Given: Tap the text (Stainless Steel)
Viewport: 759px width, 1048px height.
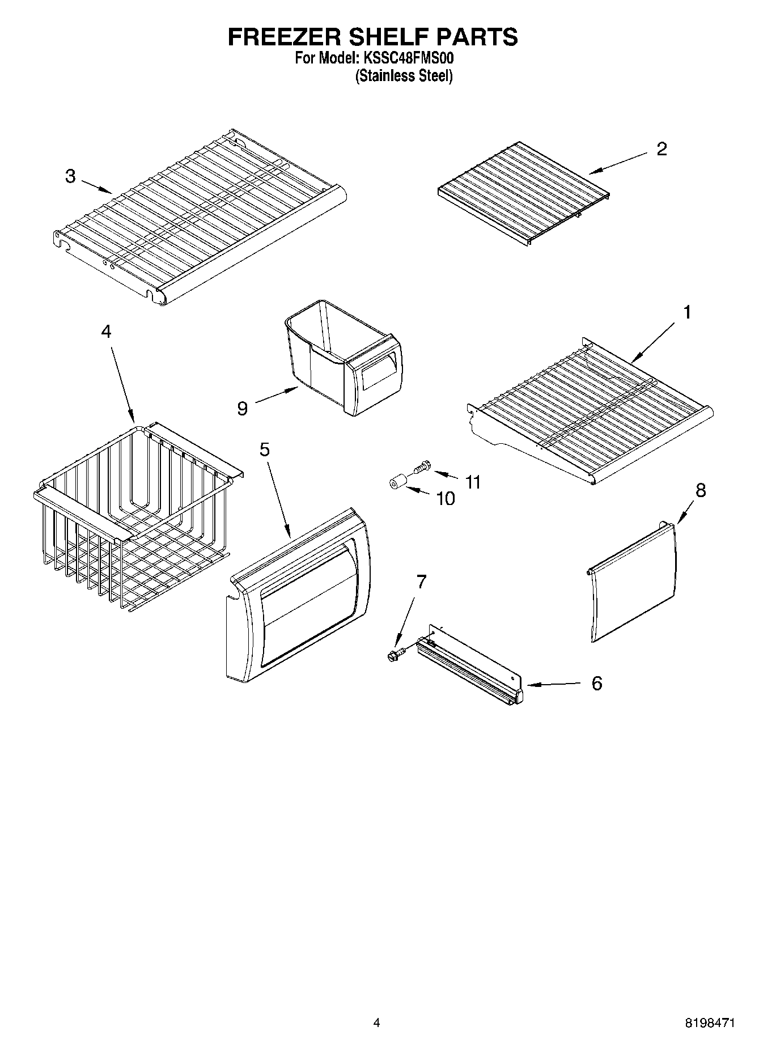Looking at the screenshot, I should pos(404,76).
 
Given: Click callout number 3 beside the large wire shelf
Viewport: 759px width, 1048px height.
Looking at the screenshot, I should pos(70,176).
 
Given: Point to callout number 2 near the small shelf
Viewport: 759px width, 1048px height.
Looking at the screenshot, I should pos(662,149).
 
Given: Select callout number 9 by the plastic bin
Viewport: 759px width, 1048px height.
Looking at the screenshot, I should pos(243,408).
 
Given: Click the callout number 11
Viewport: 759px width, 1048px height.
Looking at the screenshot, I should pos(473,482).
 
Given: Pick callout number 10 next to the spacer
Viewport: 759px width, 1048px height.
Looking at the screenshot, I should pos(446,499).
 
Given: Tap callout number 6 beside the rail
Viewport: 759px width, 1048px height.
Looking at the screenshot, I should pos(596,684).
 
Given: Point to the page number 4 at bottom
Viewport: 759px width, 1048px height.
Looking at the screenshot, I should pos(376,1022).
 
